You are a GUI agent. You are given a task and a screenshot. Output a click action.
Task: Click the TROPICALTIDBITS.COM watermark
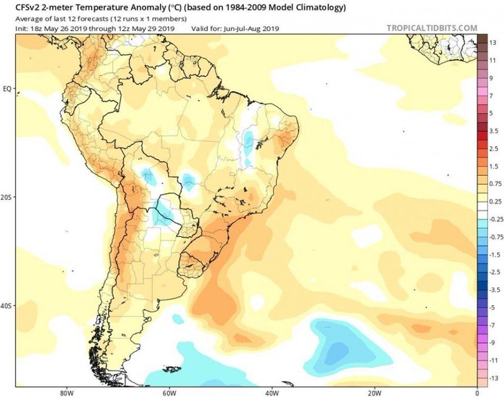(432, 28)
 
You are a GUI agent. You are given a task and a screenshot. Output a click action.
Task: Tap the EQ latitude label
(7, 88)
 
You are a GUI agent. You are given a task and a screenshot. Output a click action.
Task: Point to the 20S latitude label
(7, 197)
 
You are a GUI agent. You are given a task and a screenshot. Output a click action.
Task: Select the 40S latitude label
(7, 306)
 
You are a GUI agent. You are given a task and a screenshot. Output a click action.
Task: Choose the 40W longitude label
(271, 392)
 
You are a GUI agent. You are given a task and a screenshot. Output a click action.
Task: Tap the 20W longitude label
(374, 392)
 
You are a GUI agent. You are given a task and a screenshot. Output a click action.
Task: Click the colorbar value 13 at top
(492, 42)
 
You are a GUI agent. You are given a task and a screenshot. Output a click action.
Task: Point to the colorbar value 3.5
(493, 130)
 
